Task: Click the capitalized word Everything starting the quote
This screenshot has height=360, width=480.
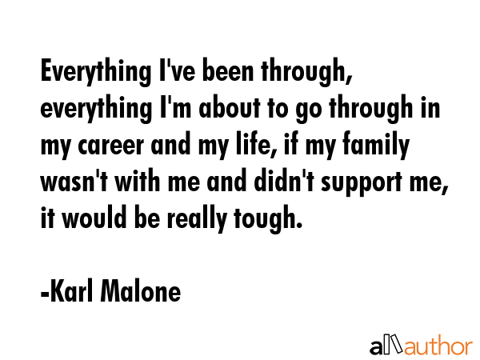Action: coord(96,72)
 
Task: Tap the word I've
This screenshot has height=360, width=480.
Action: coord(178,70)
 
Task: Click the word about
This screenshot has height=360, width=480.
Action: coord(230,107)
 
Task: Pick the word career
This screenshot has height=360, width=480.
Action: coord(111,146)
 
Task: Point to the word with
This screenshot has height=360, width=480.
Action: coord(138,181)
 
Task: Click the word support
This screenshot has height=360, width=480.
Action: coord(362,183)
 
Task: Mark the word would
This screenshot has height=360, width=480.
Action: coord(94,217)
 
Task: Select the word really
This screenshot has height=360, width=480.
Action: coord(197,218)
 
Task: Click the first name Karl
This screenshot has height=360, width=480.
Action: coord(71,290)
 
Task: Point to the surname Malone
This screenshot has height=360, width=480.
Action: coord(141,290)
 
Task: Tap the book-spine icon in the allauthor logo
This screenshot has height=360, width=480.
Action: coord(397,343)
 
